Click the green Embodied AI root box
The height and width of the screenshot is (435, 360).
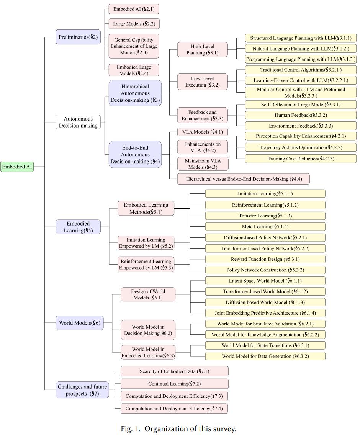pos(17,167)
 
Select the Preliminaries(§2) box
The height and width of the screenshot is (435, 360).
pos(78,37)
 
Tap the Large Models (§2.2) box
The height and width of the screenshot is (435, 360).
pos(134,24)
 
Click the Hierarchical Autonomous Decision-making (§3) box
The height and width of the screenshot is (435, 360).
pos(135,93)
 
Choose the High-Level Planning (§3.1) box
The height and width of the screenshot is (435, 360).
pos(202,50)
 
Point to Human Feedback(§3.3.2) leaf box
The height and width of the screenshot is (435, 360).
pos(301,115)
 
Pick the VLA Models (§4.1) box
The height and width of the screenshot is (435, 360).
pos(202,132)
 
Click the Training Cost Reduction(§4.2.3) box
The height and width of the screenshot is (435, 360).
pos(301,159)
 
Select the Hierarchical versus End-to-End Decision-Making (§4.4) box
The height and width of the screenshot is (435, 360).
pos(244,179)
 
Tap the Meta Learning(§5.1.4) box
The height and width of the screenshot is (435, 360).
pos(265,227)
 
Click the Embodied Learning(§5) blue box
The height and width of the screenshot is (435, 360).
pos(78,227)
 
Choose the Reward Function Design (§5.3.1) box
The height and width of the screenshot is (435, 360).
pos(265,259)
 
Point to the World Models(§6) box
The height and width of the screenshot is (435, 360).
pos(79,323)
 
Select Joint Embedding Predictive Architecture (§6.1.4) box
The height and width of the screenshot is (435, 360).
pos(265,313)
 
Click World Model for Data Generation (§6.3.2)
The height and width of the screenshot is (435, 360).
pos(265,356)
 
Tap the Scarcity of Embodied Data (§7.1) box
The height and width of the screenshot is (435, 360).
pos(174,371)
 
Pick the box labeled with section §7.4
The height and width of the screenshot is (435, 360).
pos(174,408)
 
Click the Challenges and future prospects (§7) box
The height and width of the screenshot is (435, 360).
pos(82,390)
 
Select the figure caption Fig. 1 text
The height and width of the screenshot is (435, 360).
pos(178,428)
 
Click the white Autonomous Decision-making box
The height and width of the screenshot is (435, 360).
pos(78,122)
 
